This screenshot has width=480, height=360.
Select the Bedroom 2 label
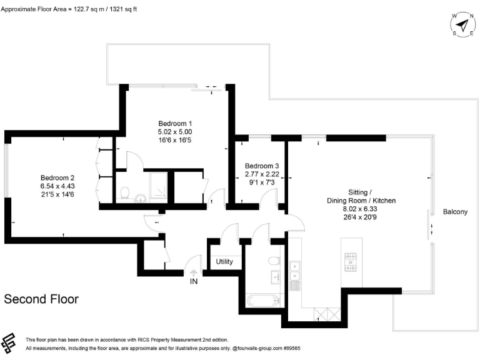57,177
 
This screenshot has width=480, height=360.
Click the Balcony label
455,212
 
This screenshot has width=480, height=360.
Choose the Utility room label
224,261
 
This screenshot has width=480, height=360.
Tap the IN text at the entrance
194,282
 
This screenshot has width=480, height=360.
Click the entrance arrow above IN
194,272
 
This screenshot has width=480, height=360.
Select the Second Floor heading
41,299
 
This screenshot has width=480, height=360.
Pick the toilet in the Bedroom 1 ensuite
125,192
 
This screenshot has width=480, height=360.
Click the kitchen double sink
296,271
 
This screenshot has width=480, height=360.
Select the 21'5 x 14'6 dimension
57,194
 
